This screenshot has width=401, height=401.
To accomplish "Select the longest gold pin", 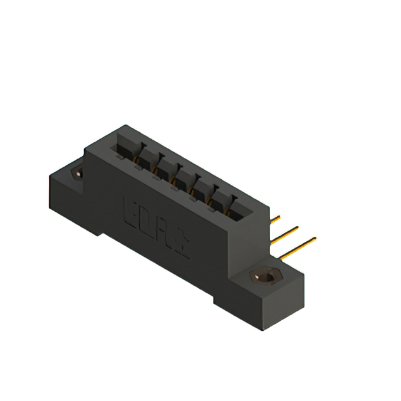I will coord(298,247).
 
